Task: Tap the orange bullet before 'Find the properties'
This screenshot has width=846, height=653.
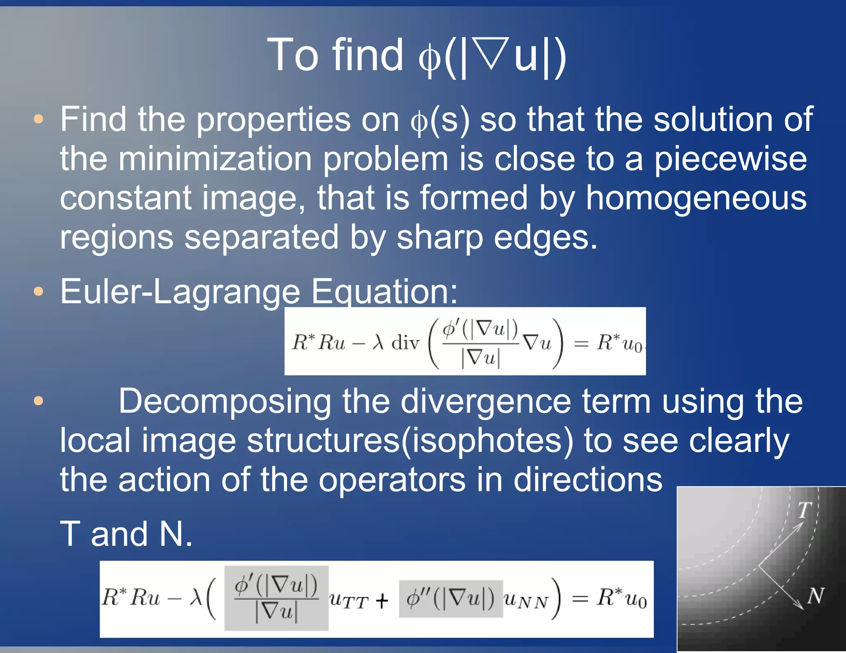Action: coord(38,120)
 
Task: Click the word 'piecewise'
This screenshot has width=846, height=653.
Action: coord(730,160)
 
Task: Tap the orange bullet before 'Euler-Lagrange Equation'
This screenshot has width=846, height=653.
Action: coord(38,291)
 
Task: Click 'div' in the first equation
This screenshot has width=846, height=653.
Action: coord(405,343)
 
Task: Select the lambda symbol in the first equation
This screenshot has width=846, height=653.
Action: coord(378,342)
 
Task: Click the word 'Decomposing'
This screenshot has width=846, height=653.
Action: coord(225,401)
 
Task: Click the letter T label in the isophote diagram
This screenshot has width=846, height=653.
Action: coord(804,510)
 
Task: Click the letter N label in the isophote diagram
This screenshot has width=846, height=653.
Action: coord(815,596)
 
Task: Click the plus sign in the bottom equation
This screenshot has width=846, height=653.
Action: coord(382,601)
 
